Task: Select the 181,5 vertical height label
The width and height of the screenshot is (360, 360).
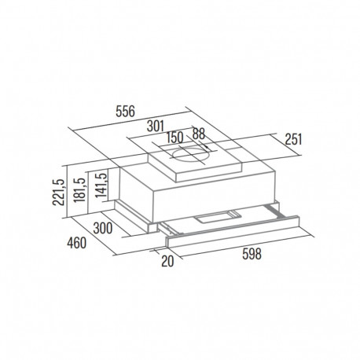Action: click(x=79, y=190)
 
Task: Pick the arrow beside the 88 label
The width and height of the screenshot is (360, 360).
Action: click(x=206, y=147)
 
